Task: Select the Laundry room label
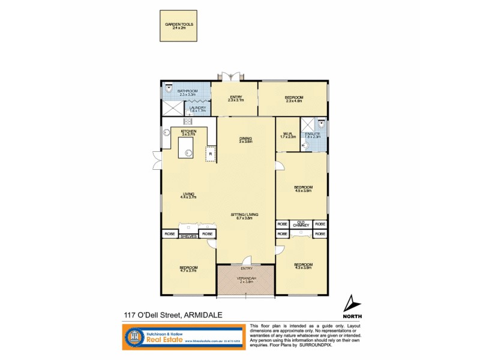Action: tap(197, 109)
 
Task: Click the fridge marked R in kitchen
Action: tap(211, 154)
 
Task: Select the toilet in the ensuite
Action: tap(323, 124)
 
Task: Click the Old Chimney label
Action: tap(301, 224)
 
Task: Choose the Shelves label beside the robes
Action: tap(188, 236)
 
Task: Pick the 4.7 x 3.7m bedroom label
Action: tap(188, 269)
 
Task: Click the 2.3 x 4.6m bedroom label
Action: tap(294, 99)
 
